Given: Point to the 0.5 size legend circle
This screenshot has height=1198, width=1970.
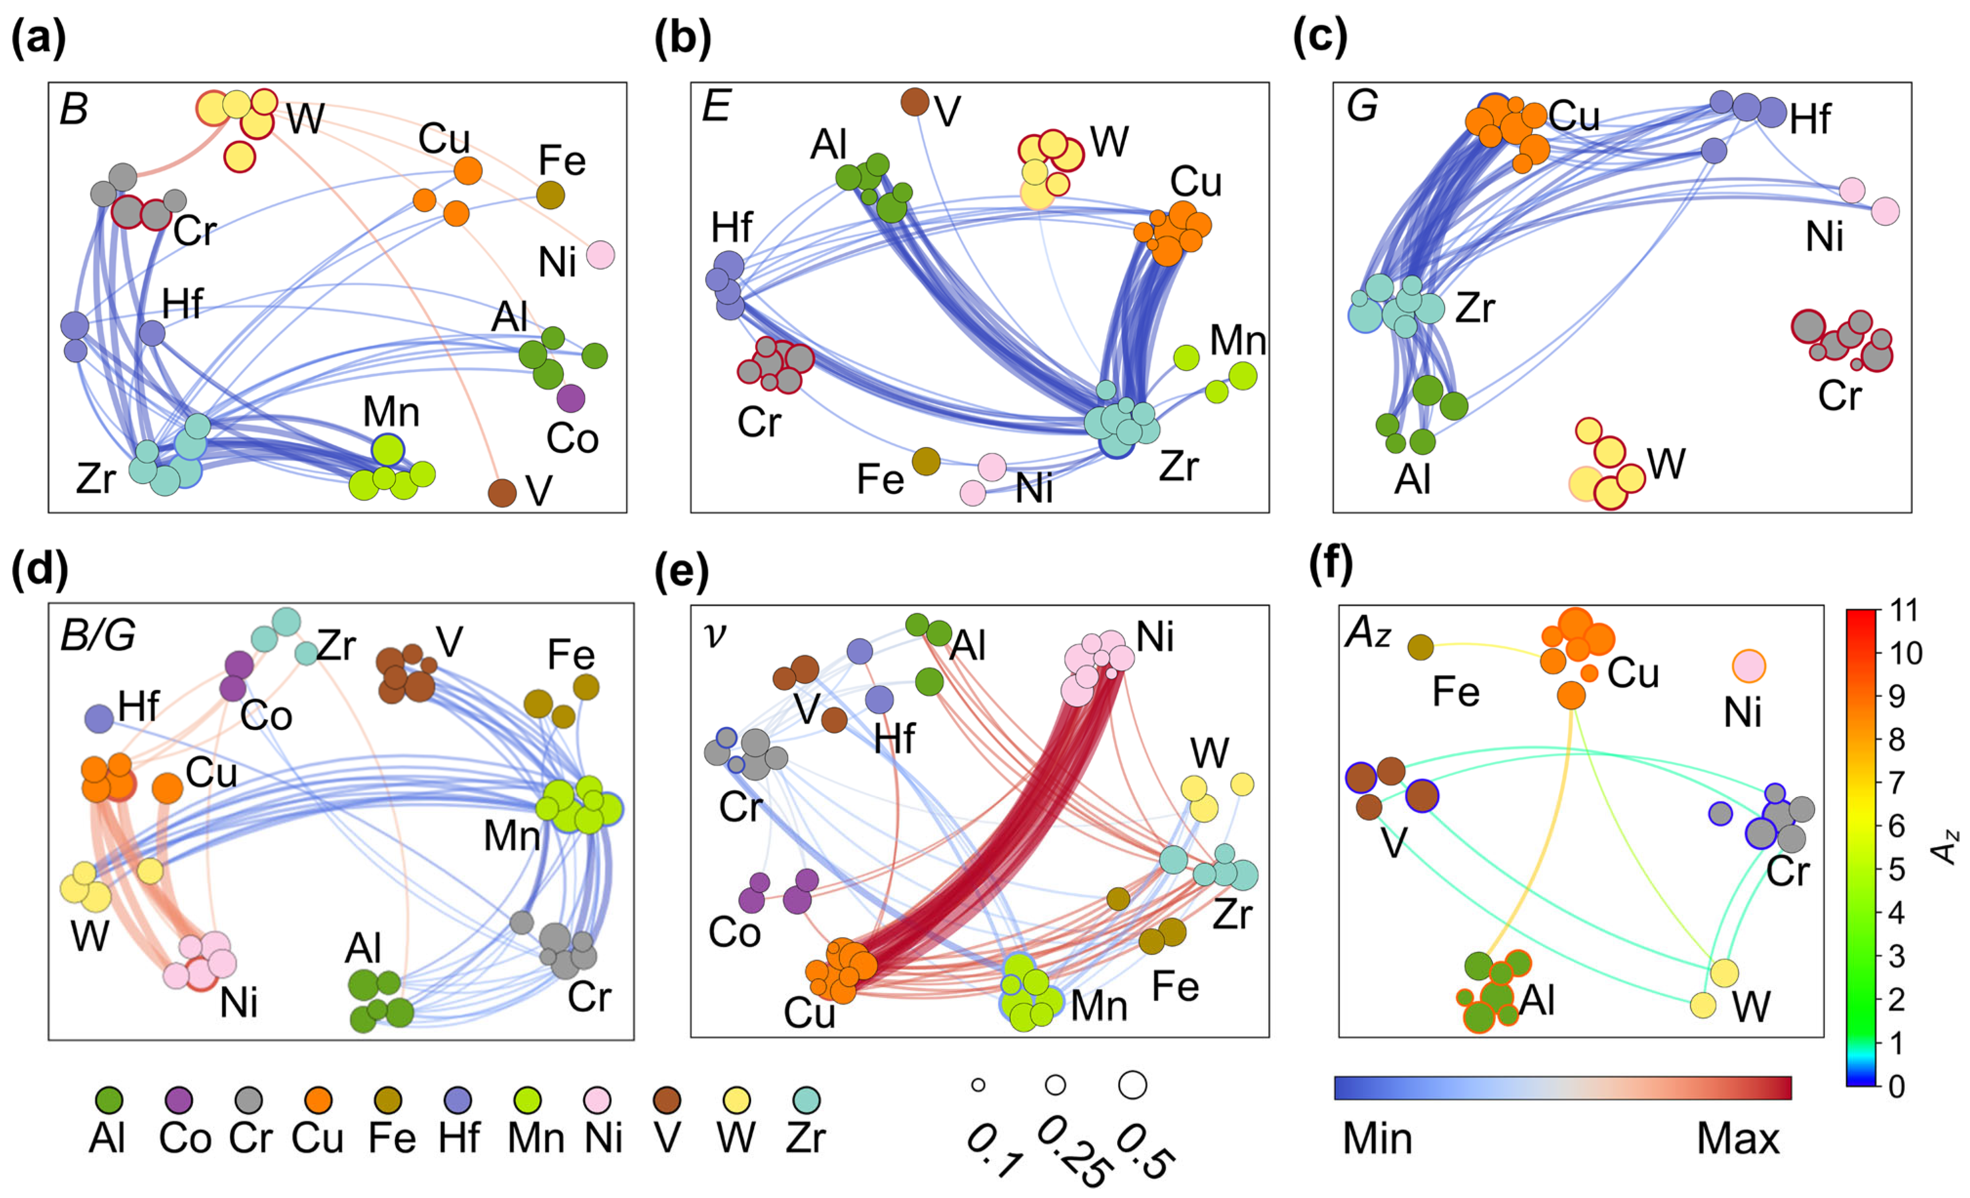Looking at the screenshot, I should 1132,1085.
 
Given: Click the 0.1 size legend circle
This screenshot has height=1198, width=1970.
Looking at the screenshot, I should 978,1085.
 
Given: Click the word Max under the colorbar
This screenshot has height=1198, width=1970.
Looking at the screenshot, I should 1738,1138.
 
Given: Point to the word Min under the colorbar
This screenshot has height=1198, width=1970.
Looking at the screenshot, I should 1377,1138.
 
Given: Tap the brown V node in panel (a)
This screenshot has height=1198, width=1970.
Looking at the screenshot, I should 502,493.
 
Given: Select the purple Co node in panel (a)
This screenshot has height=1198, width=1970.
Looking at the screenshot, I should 571,398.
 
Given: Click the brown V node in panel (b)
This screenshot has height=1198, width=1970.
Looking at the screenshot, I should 915,102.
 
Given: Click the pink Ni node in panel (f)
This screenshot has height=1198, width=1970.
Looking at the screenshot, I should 1748,666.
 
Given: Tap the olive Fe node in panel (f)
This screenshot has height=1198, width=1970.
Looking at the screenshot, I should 1420,647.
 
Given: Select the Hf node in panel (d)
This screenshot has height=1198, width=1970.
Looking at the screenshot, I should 99,718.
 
